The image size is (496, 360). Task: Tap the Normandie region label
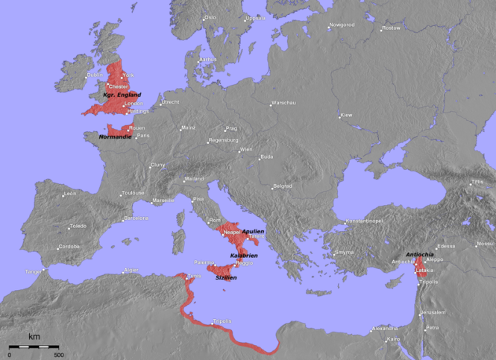tap(116, 137)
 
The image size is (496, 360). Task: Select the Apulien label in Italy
tap(253, 231)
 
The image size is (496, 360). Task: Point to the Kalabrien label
tap(244, 255)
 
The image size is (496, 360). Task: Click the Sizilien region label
tap(226, 277)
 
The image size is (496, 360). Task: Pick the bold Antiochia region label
tap(421, 253)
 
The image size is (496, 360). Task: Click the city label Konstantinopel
tap(363, 221)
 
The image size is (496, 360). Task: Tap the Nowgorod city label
tap(343, 25)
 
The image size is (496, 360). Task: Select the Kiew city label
tap(346, 116)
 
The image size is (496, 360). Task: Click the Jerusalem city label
tap(433, 312)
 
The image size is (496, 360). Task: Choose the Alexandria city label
tap(385, 328)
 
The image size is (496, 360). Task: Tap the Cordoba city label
tap(70, 247)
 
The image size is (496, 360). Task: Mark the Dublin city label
tap(95, 75)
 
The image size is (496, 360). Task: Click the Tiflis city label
tap(477, 182)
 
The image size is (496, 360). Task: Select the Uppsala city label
tap(255, 18)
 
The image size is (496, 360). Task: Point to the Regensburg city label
tap(224, 140)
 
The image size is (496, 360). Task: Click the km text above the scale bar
tap(34, 337)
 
